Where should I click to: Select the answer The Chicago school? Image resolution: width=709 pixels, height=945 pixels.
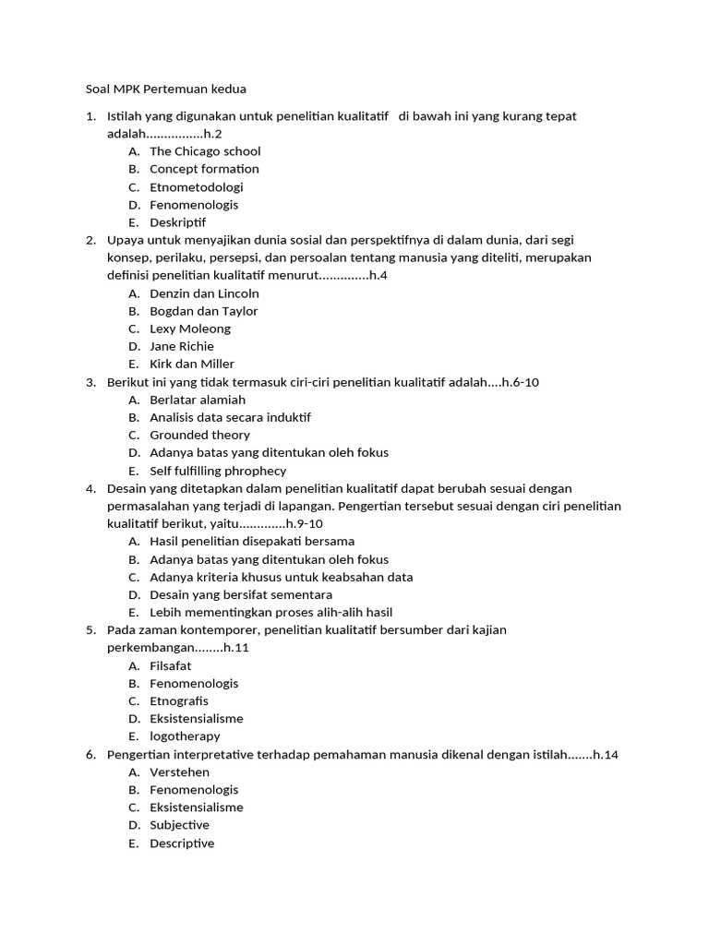205,151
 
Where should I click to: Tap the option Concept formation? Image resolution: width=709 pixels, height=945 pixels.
204,169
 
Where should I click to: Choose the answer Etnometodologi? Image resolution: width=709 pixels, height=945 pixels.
197,186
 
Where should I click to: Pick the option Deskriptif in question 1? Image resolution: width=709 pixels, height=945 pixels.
178,222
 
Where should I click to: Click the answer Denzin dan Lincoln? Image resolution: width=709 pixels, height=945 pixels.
204,293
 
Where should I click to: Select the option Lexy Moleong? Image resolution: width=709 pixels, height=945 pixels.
190,329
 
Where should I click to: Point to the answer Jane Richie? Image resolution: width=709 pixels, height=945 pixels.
182,346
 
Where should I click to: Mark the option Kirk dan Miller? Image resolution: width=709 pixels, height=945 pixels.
192,364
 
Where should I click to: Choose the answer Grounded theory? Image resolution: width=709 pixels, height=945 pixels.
199,435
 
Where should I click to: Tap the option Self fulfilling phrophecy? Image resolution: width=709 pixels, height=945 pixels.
218,471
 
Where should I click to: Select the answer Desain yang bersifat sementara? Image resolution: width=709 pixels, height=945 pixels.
241,594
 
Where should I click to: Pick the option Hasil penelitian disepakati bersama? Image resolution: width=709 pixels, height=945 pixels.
252,542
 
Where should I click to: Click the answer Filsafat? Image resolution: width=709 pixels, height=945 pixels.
171,665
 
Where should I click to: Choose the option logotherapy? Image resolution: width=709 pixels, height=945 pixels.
185,736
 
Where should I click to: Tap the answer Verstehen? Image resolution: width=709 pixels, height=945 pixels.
179,772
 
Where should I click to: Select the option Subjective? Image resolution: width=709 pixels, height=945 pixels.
179,825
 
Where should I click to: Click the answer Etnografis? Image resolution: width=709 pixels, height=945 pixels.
179,701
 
